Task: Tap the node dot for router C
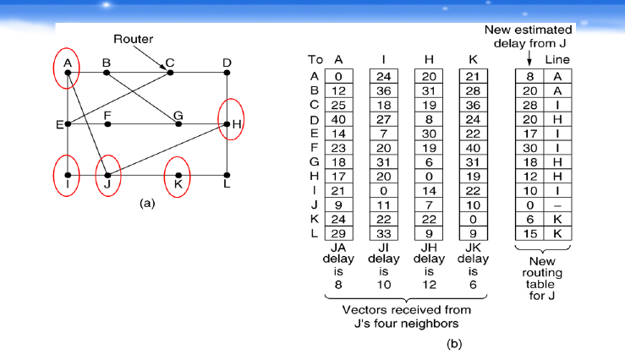(x=171, y=73)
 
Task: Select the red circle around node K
(x=178, y=175)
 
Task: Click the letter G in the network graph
(x=178, y=115)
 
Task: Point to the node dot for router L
(x=228, y=175)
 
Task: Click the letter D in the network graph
(x=227, y=63)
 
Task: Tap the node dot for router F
(x=107, y=124)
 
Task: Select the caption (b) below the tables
(x=455, y=344)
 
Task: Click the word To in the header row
(x=315, y=60)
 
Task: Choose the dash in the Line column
(x=556, y=203)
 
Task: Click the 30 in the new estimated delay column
(x=530, y=147)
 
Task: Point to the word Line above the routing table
(x=559, y=60)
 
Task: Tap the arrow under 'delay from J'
(x=529, y=57)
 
